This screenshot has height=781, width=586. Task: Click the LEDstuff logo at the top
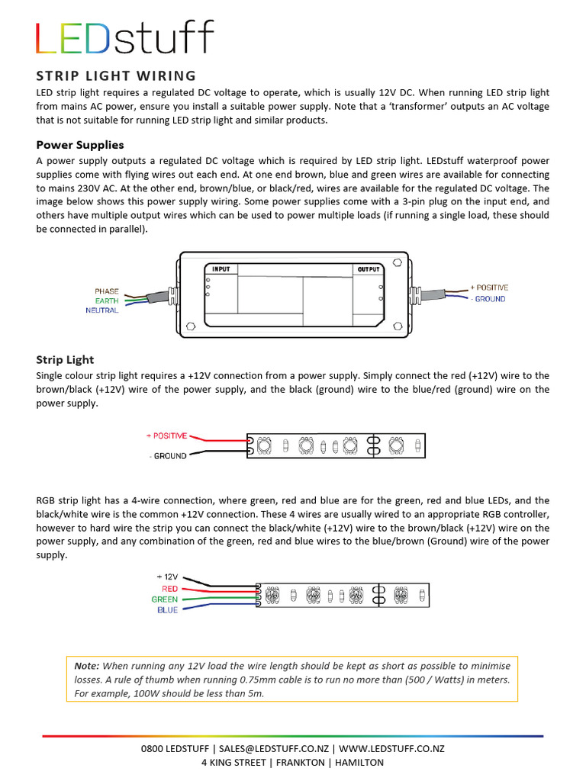pyautogui.click(x=125, y=39)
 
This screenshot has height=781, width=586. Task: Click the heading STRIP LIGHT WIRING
pyautogui.click(x=116, y=75)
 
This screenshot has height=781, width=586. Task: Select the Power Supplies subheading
pyautogui.click(x=80, y=144)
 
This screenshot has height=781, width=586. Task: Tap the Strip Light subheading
pyautogui.click(x=65, y=359)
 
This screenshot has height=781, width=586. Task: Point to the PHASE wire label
pyautogui.click(x=106, y=291)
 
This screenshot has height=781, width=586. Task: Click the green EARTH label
pyautogui.click(x=106, y=301)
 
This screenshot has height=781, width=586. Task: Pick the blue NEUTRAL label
pyautogui.click(x=102, y=310)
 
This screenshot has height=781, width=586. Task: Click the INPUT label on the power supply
pyautogui.click(x=221, y=269)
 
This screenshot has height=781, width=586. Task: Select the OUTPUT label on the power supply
pyautogui.click(x=369, y=269)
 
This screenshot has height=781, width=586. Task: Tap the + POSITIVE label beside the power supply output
pyautogui.click(x=489, y=288)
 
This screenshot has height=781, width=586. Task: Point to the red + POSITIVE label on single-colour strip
pyautogui.click(x=166, y=435)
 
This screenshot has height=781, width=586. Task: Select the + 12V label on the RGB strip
pyautogui.click(x=167, y=577)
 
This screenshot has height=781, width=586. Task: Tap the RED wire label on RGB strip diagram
pyautogui.click(x=169, y=589)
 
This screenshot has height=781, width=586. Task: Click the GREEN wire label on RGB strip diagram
pyautogui.click(x=164, y=599)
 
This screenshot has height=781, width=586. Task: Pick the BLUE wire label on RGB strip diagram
pyautogui.click(x=167, y=610)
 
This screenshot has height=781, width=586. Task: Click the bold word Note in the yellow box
pyautogui.click(x=87, y=665)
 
